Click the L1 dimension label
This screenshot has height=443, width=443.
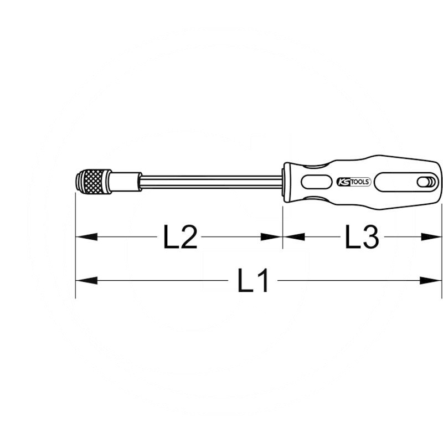253,281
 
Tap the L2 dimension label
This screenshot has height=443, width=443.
181,237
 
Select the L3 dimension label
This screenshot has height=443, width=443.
362,237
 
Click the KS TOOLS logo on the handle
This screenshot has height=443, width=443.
354,182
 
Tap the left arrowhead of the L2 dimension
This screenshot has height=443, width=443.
86,237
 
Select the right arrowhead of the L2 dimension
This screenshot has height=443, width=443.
271,237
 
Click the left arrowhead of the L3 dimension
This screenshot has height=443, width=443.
294,237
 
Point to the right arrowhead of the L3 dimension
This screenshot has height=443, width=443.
431,237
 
